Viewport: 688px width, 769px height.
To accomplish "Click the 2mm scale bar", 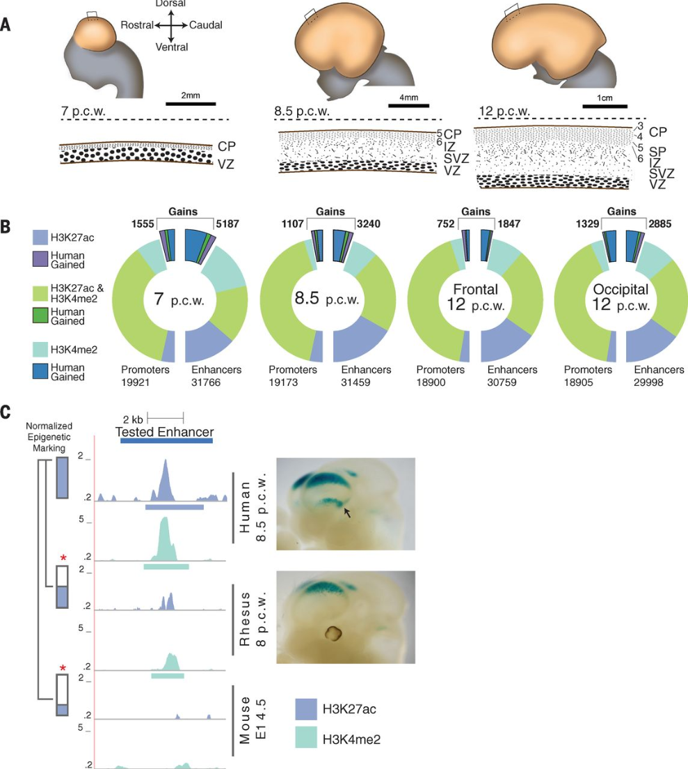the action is coord(191,104).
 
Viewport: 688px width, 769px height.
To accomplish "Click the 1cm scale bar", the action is coord(605,106).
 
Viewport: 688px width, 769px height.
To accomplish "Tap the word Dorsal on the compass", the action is coord(170,3).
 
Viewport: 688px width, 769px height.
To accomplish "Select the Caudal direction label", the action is coord(206,25).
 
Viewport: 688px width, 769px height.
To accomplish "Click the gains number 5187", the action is coord(227,224).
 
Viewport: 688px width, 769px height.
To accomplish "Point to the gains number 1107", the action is coord(292,224).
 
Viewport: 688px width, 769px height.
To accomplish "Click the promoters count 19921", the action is coord(135,382).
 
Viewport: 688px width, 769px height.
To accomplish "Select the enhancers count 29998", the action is coord(648,382).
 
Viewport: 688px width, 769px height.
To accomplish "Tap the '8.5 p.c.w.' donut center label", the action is coord(327,298).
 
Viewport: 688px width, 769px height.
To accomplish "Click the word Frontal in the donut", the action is coord(476,289).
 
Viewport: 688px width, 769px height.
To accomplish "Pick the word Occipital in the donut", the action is coord(621,289).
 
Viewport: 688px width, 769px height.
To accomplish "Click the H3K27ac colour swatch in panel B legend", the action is coord(40,238).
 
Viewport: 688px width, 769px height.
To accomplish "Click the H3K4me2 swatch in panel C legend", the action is coord(306,738).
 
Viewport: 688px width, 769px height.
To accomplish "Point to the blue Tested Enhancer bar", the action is coord(166,440).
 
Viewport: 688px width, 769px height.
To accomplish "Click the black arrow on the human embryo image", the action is coord(347,513).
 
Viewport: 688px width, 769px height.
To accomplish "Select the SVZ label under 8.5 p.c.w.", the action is coord(456,158).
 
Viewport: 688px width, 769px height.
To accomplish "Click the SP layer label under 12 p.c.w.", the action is coord(657,152).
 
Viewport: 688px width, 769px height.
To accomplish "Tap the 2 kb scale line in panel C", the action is coord(166,418).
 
